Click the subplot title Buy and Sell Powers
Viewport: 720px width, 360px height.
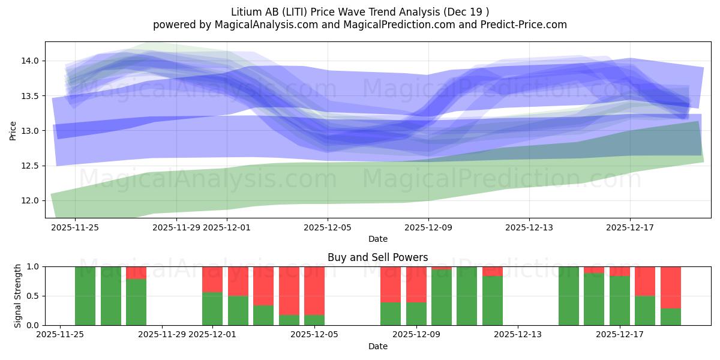point(377,257)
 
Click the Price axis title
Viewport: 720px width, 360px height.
point(13,131)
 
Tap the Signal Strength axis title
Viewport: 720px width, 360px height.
point(18,296)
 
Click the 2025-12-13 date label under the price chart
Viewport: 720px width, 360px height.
point(529,227)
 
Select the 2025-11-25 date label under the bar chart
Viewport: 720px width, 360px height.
point(60,335)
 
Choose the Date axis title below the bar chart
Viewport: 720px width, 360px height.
point(377,346)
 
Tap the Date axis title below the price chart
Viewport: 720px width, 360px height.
point(377,239)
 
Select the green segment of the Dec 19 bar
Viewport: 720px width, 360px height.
point(671,317)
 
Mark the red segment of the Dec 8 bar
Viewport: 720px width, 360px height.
point(391,284)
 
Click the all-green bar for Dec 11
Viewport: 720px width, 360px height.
point(467,296)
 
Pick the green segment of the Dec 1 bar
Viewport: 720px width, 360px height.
point(212,308)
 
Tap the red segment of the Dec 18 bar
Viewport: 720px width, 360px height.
point(645,281)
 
